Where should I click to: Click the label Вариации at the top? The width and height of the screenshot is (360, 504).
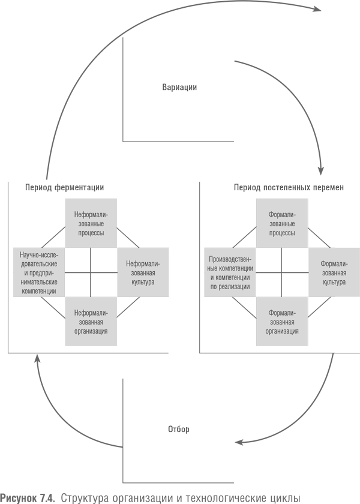point(179,88)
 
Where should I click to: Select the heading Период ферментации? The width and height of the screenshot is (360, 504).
point(65,188)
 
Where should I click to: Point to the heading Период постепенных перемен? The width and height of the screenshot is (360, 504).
point(289,188)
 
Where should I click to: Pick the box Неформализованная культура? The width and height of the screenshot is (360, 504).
point(143,272)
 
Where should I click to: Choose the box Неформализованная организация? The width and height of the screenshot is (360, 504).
point(91,322)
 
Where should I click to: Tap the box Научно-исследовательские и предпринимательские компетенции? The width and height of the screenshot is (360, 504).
point(38,272)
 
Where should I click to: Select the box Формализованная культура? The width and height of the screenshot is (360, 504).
point(334,272)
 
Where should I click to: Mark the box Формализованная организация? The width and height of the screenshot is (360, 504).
point(282,322)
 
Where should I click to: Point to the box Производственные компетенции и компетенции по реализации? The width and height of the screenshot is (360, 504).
point(230,272)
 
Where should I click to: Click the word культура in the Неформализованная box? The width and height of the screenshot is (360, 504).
point(143,281)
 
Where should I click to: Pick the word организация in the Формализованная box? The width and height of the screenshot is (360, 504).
point(282,331)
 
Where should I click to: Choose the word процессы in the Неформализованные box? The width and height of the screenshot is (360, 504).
point(91,233)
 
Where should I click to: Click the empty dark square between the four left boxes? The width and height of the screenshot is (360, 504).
point(91,272)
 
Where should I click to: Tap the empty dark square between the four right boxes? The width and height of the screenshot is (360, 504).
point(282,272)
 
